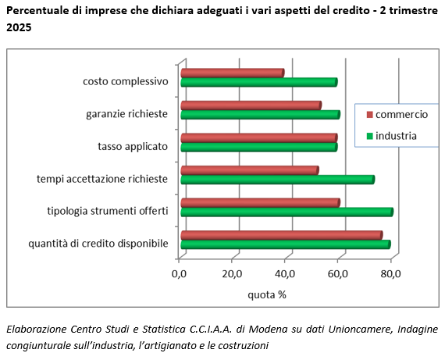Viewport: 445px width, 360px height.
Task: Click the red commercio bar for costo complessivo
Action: (232, 73)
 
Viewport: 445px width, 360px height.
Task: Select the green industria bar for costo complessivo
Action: (258, 82)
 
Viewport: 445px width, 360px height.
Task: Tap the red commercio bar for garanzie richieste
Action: (251, 105)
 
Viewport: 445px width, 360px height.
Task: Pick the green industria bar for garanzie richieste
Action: (260, 115)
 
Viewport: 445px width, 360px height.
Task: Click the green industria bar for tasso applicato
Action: (258, 147)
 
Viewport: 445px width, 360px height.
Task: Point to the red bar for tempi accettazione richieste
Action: (249, 170)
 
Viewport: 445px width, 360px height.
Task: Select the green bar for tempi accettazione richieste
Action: (277, 180)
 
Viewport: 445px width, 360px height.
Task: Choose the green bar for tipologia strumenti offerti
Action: (287, 212)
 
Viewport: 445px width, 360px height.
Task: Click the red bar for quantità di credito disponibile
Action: (281, 235)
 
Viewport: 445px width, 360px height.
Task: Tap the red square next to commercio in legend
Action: (368, 115)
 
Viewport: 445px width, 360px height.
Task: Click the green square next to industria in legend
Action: (368, 137)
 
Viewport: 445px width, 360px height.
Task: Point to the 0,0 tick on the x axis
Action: (180, 273)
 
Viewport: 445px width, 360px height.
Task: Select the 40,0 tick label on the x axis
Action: (285, 273)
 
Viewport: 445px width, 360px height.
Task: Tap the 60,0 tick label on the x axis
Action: (338, 273)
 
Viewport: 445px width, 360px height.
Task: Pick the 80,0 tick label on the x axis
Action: (390, 273)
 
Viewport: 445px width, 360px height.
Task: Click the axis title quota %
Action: (267, 294)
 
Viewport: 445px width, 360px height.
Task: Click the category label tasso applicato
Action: (133, 146)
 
